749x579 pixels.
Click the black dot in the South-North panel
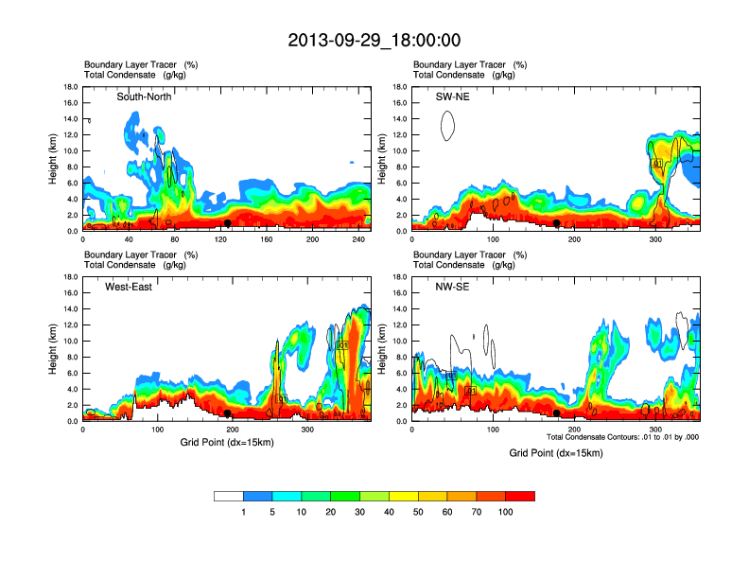228,223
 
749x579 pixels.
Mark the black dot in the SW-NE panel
557,223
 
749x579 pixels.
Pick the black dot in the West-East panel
228,413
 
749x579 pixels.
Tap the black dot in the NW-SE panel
557,413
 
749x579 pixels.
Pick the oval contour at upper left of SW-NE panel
448,125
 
